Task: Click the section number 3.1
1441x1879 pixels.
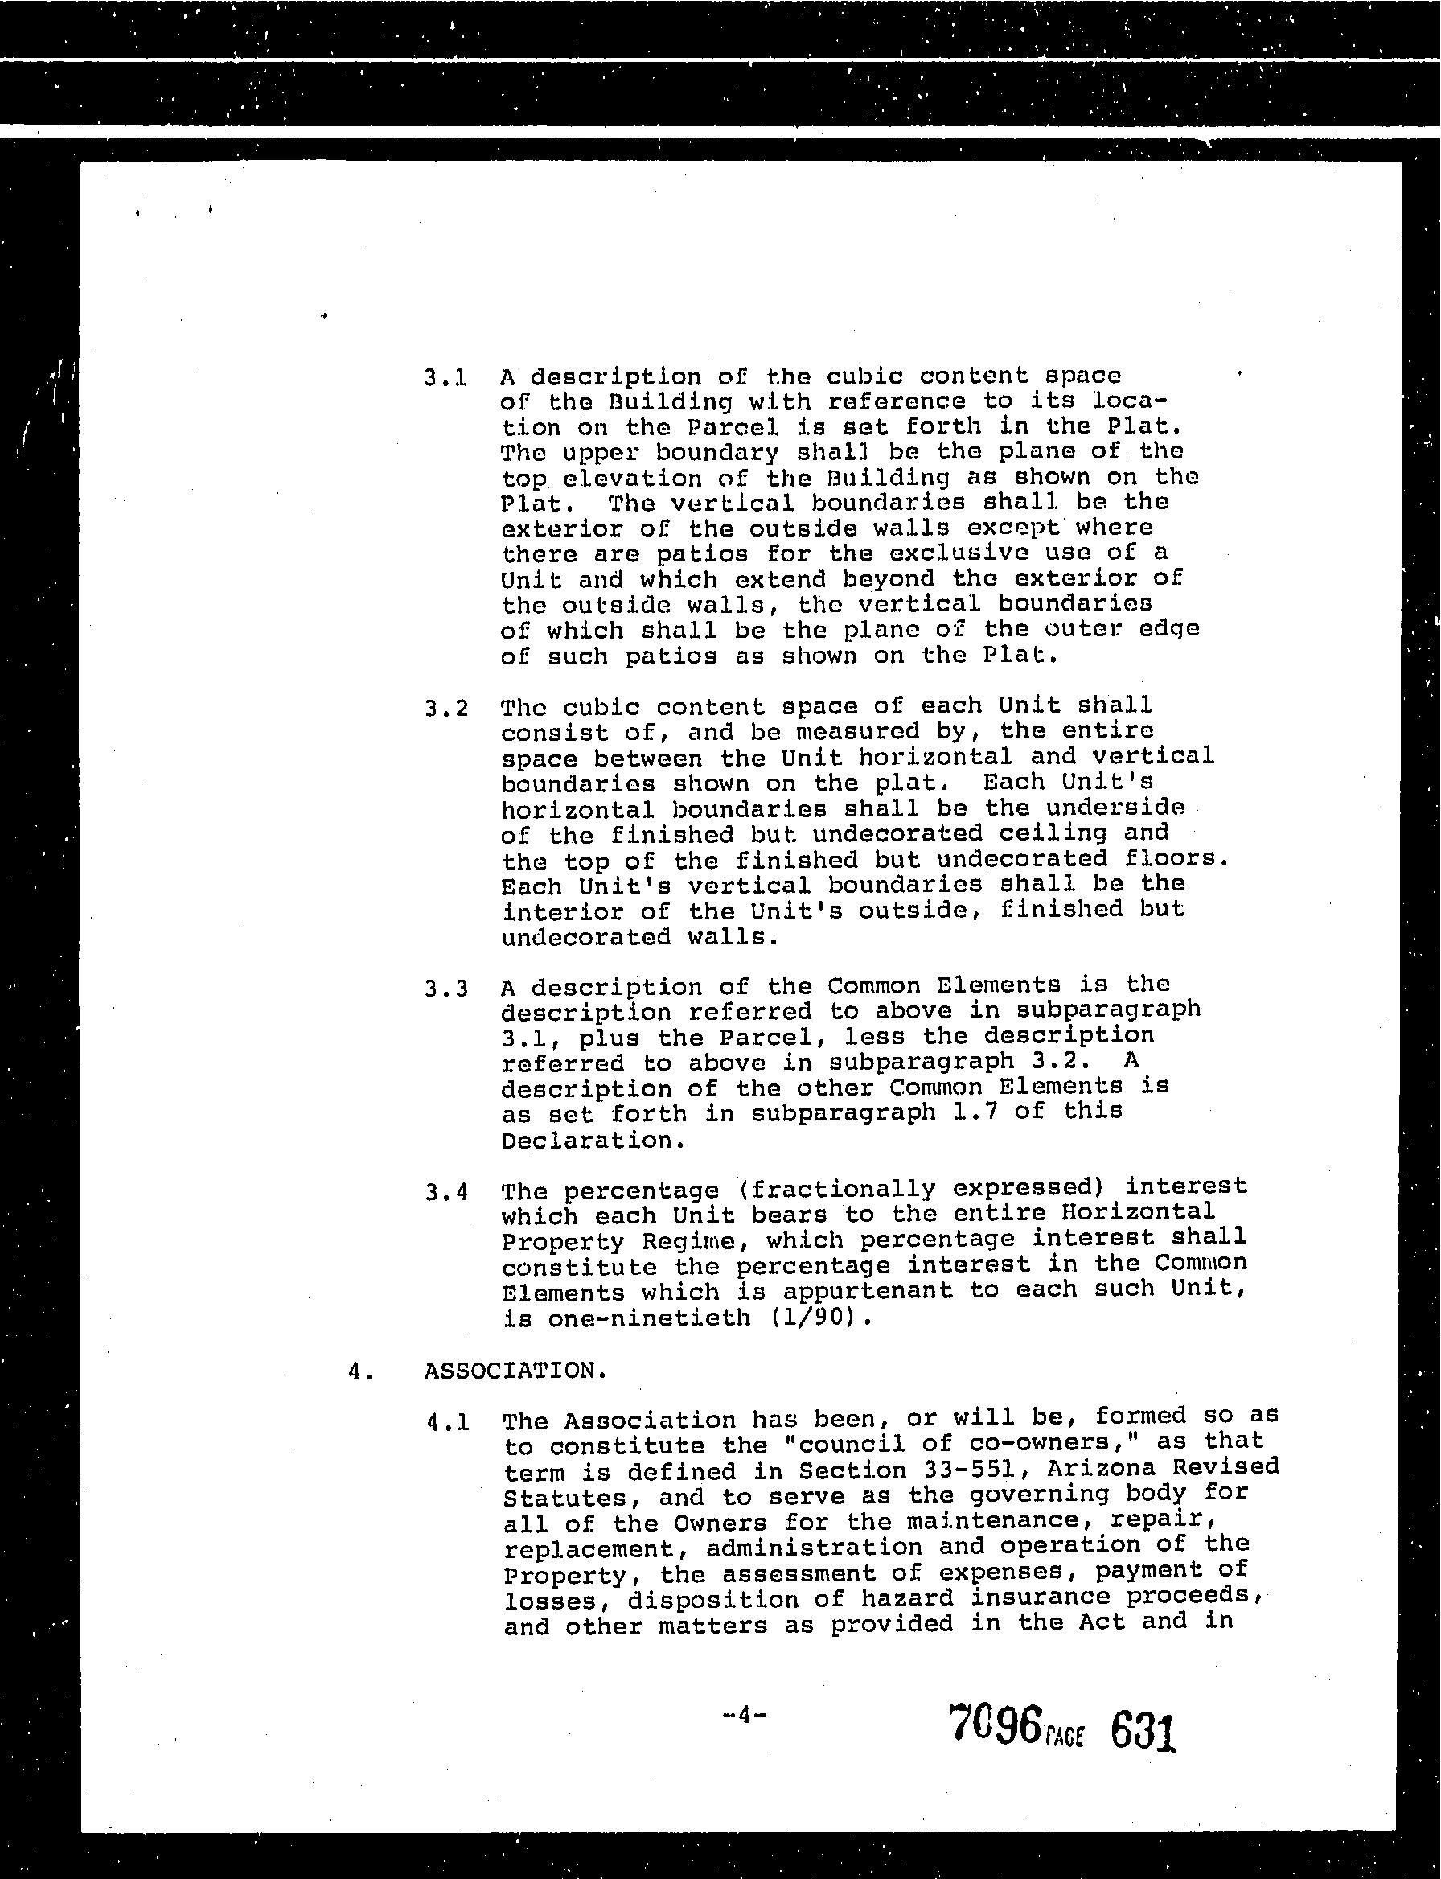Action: point(445,377)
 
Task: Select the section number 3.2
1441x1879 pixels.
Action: point(446,709)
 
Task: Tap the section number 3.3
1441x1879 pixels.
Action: point(446,989)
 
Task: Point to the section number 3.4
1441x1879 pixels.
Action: point(446,1193)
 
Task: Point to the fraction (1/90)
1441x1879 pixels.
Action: point(821,1317)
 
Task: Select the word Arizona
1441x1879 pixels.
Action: point(1102,1468)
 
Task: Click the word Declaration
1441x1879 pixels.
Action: point(593,1141)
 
